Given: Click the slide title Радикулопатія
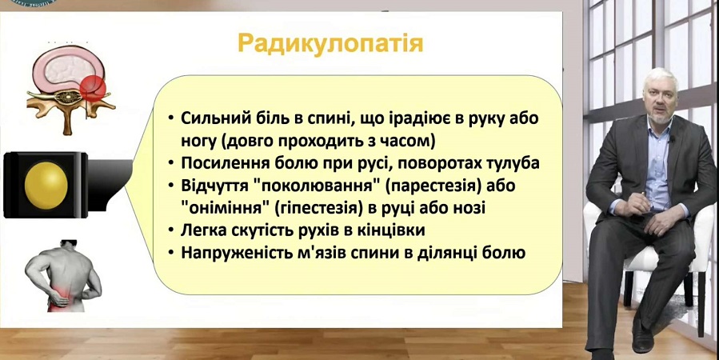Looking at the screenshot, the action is click(x=330, y=44).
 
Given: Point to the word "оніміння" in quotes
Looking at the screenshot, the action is click(x=226, y=208).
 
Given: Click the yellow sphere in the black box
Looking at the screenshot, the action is click(x=46, y=186).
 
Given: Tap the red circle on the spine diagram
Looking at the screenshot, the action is click(x=93, y=89).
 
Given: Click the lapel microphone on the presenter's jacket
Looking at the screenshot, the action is click(x=671, y=138).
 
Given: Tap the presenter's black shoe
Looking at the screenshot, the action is click(x=642, y=335).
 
